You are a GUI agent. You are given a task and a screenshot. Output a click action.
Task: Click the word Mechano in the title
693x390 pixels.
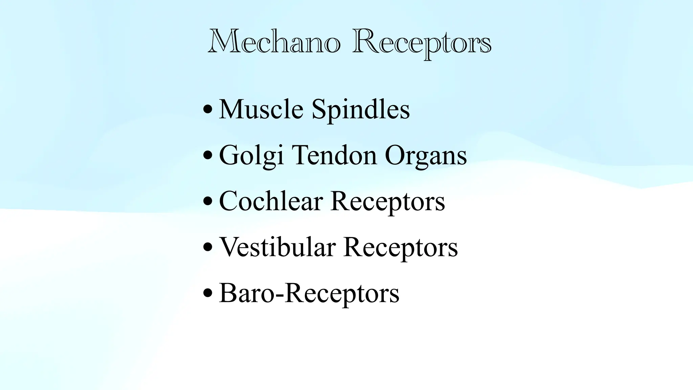tap(274, 42)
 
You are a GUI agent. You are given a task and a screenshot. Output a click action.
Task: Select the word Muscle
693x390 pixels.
tap(261, 109)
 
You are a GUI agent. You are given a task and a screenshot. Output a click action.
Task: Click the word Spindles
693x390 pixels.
tap(360, 110)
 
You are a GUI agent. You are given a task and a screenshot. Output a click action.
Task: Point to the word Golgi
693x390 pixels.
tap(251, 156)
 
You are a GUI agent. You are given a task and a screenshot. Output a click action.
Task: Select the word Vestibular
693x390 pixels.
tap(277, 247)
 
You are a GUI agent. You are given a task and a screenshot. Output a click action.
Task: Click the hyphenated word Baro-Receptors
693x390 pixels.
tap(309, 294)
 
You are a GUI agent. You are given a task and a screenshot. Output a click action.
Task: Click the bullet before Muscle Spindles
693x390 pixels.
tap(208, 110)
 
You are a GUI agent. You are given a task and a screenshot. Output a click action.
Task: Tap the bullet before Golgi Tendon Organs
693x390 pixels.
tap(208, 156)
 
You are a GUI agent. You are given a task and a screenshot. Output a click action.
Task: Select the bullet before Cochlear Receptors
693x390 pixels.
tap(208, 201)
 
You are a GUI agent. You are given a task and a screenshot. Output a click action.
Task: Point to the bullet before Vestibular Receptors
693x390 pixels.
tap(208, 247)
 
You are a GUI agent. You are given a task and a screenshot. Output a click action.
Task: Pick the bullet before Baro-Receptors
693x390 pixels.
tap(208, 293)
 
